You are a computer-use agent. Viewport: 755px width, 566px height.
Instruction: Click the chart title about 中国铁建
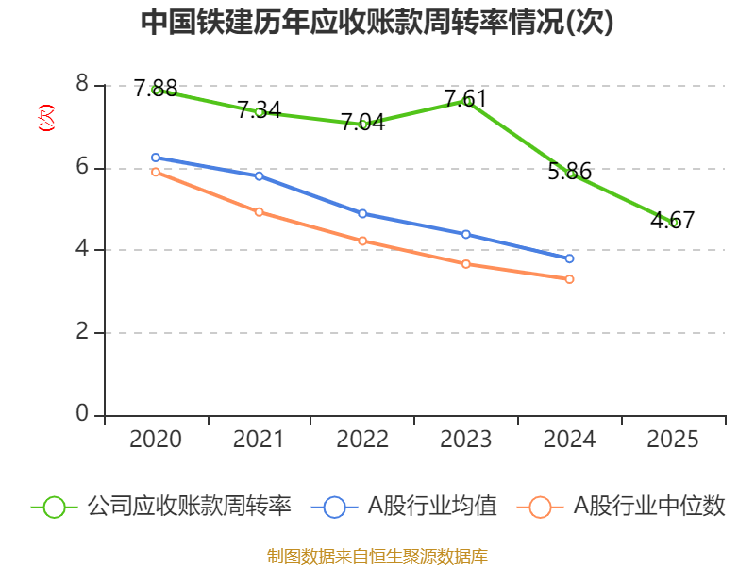[377, 23]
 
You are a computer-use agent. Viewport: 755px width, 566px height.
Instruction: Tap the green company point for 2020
[157, 90]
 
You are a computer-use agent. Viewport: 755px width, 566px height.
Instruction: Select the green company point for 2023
[466, 100]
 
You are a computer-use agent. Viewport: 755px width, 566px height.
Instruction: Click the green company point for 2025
[674, 223]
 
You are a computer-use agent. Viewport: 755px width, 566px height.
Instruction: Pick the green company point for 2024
[570, 174]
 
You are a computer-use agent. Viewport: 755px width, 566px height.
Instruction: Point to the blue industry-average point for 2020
[156, 158]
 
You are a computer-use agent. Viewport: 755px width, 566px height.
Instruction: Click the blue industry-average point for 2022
[362, 213]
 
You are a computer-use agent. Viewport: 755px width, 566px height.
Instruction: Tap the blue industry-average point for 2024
[570, 258]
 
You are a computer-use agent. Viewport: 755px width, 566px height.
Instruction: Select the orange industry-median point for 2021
[259, 211]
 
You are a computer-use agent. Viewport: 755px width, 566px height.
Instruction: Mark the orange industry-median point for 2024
[570, 279]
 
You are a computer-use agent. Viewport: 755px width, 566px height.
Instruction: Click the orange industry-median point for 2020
[156, 172]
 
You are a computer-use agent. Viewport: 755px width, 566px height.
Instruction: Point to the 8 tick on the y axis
[82, 85]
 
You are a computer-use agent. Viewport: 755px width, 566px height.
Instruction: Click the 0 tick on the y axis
[82, 415]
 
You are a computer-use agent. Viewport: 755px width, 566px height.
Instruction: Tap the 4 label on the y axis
[82, 250]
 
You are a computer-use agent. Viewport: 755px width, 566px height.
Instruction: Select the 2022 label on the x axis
[362, 440]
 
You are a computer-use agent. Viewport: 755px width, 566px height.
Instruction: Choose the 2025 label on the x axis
[674, 440]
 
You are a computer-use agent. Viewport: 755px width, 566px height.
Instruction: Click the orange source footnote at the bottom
[377, 556]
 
